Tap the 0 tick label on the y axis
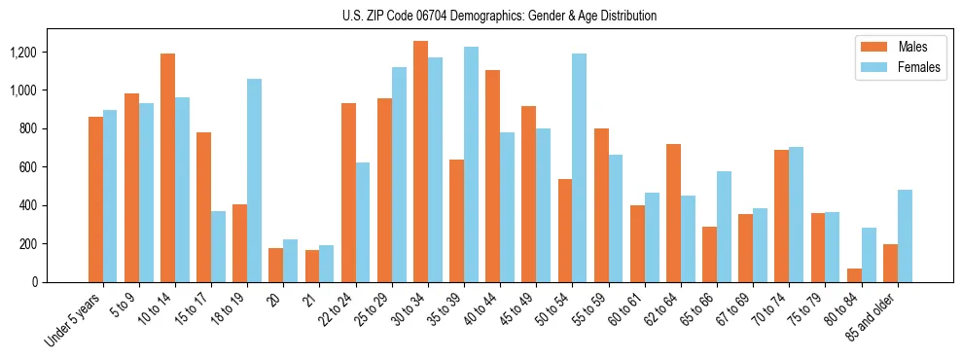[x=62, y=282]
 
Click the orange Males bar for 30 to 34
[x=420, y=162]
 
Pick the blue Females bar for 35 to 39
[x=471, y=164]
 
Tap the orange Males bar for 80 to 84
[x=854, y=275]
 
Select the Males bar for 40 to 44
[x=492, y=176]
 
